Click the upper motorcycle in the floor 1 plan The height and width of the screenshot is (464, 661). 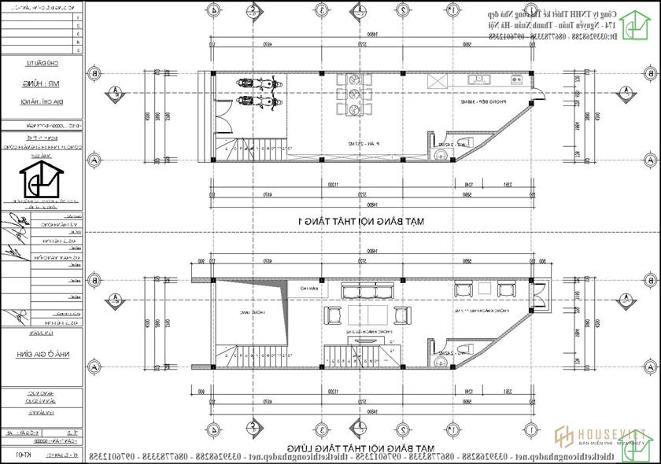click(x=257, y=83)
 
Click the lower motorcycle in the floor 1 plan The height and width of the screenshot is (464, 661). click(x=257, y=100)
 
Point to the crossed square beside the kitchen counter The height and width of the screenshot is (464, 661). click(x=437, y=83)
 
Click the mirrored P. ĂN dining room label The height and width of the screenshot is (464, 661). click(x=362, y=145)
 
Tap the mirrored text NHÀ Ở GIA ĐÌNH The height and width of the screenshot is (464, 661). click(x=42, y=355)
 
